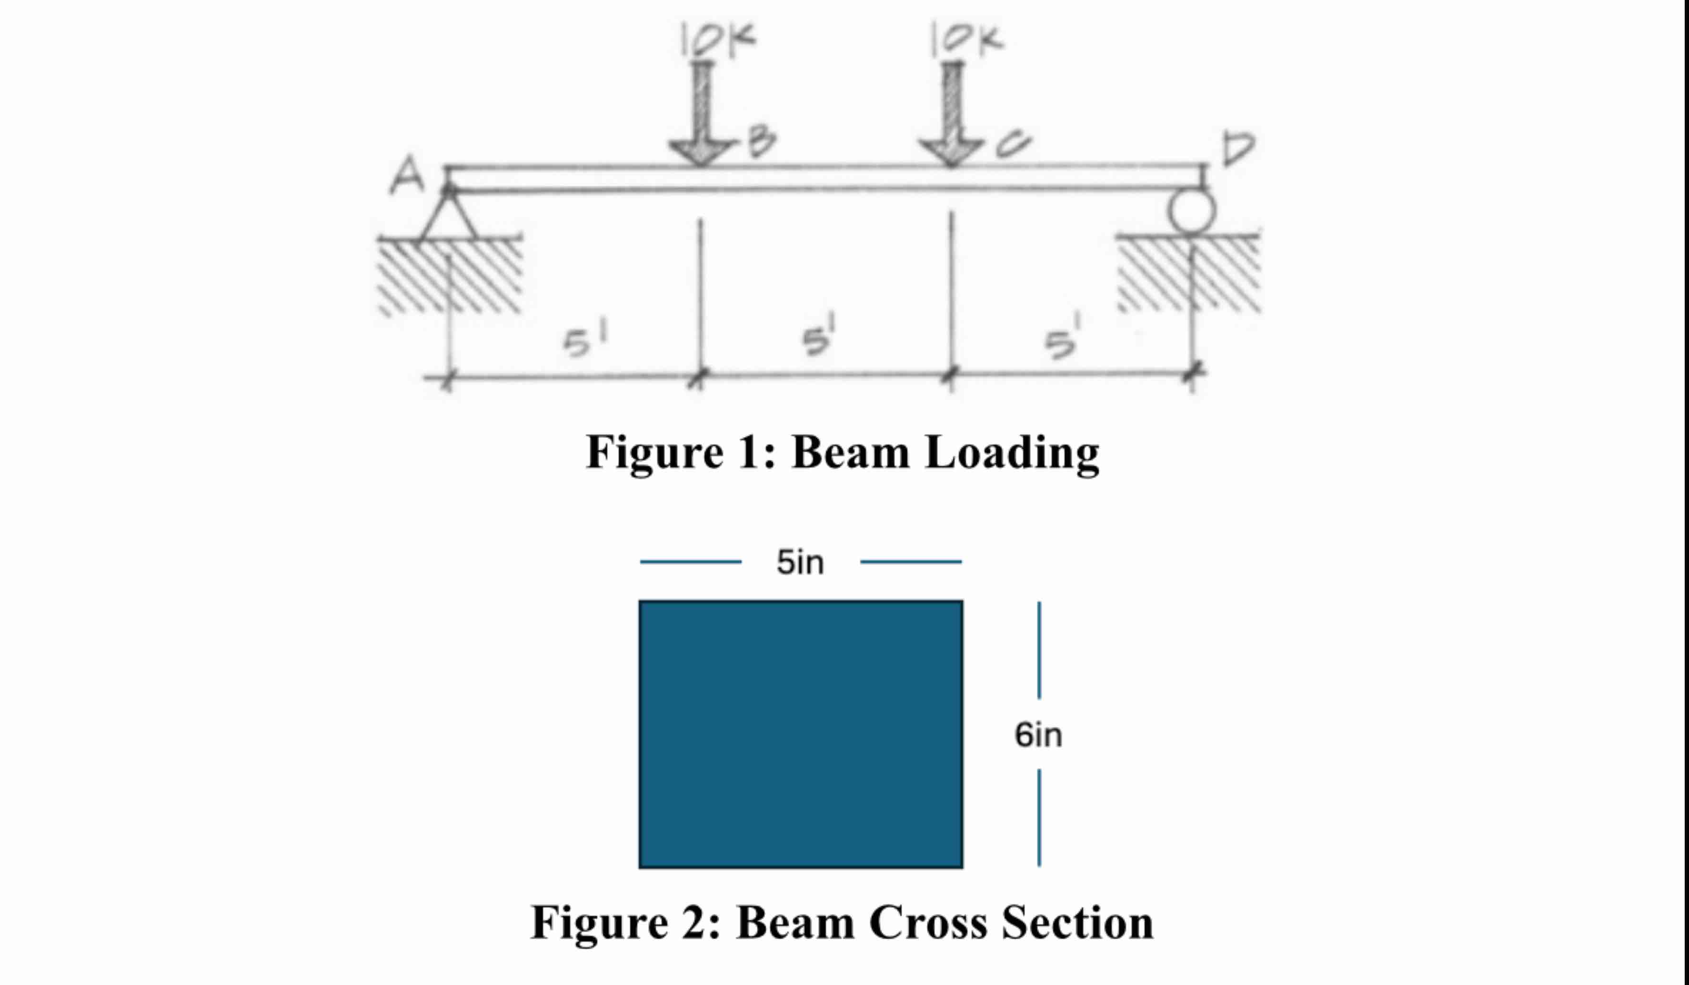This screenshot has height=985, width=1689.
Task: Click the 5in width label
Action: [800, 562]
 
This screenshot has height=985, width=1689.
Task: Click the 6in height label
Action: [1038, 735]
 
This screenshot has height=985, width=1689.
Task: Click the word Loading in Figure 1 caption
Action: [1012, 453]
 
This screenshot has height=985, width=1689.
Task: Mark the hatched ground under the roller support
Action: [1190, 275]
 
